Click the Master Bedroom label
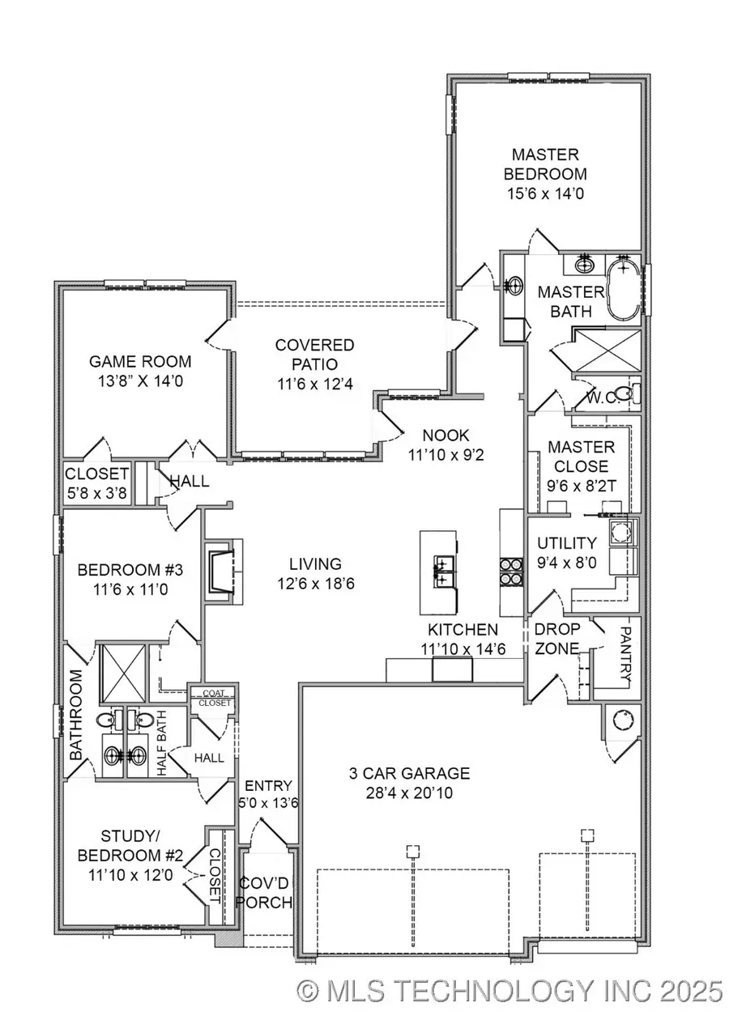pos(545,164)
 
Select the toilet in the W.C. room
pos(623,394)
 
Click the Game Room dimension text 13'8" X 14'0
pos(140,382)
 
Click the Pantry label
pos(625,653)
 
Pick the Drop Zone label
pos(557,639)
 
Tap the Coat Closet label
pos(212,697)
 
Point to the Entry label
pos(262,786)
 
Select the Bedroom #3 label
pos(130,570)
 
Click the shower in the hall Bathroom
pos(122,674)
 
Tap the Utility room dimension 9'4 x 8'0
pos(568,563)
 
